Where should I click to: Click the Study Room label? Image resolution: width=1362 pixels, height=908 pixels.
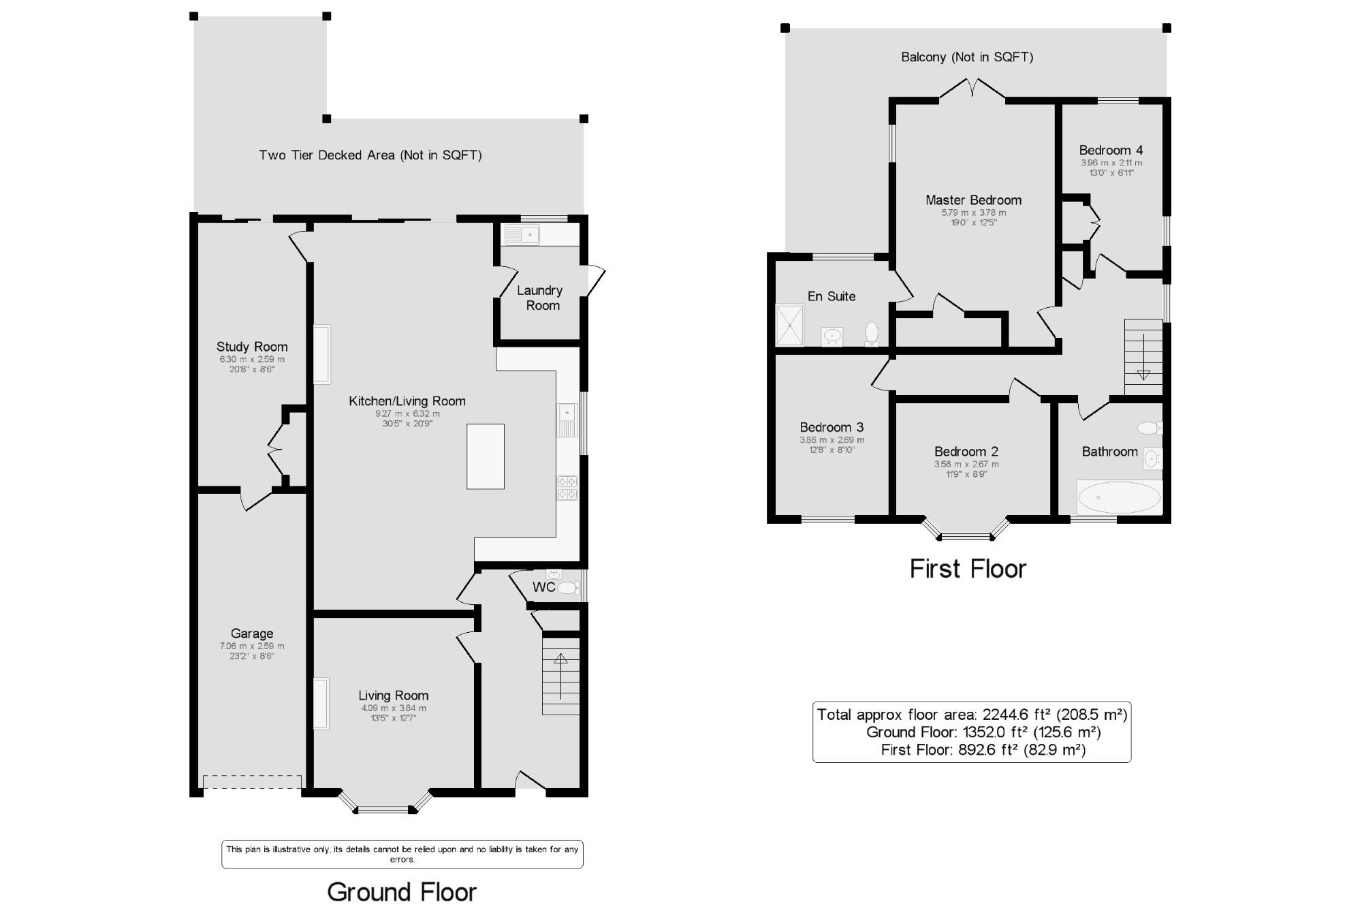tap(252, 347)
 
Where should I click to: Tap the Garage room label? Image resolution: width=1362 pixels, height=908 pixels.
tap(252, 633)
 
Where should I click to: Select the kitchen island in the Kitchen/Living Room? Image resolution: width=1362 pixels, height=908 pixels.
tap(486, 456)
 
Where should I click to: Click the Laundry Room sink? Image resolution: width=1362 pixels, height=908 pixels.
tap(522, 235)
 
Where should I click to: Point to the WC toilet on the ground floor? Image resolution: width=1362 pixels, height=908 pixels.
tap(567, 588)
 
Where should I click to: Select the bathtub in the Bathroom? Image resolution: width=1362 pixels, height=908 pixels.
tap(1119, 497)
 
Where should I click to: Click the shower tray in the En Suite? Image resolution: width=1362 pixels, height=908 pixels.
tap(790, 325)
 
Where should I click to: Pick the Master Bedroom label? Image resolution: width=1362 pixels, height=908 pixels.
tap(973, 200)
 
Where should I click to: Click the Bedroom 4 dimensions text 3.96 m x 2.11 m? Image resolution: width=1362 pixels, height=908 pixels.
tap(1111, 163)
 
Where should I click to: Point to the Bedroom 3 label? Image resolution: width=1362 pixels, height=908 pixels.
tap(832, 427)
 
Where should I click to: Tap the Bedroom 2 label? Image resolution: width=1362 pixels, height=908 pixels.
tap(966, 451)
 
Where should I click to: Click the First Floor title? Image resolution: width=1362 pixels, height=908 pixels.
tap(968, 569)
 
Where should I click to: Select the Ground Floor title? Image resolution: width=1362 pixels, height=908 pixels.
tap(402, 892)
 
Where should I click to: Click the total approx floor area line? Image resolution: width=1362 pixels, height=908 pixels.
tap(972, 715)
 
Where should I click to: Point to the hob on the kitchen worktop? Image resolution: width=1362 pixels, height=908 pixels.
tap(567, 488)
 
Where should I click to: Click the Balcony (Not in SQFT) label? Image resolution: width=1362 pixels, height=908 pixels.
tap(967, 57)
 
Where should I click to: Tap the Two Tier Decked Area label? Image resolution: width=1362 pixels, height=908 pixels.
tap(370, 155)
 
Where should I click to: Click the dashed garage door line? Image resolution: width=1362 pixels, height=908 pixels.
tap(252, 776)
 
